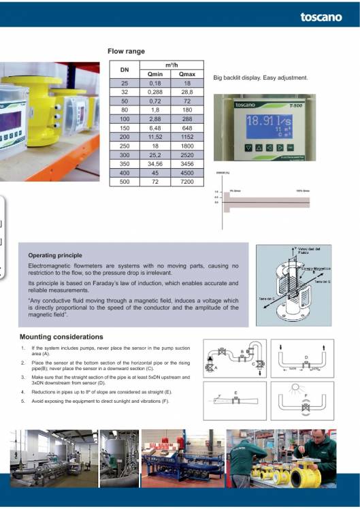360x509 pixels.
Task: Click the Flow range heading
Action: [126, 50]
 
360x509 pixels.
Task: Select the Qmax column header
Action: [186, 74]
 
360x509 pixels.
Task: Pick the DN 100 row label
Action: [125, 118]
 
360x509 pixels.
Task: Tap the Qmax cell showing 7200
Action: [186, 182]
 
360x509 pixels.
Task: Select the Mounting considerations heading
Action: [61, 337]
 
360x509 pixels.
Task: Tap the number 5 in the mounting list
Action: [23, 401]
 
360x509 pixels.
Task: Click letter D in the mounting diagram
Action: [306, 356]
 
